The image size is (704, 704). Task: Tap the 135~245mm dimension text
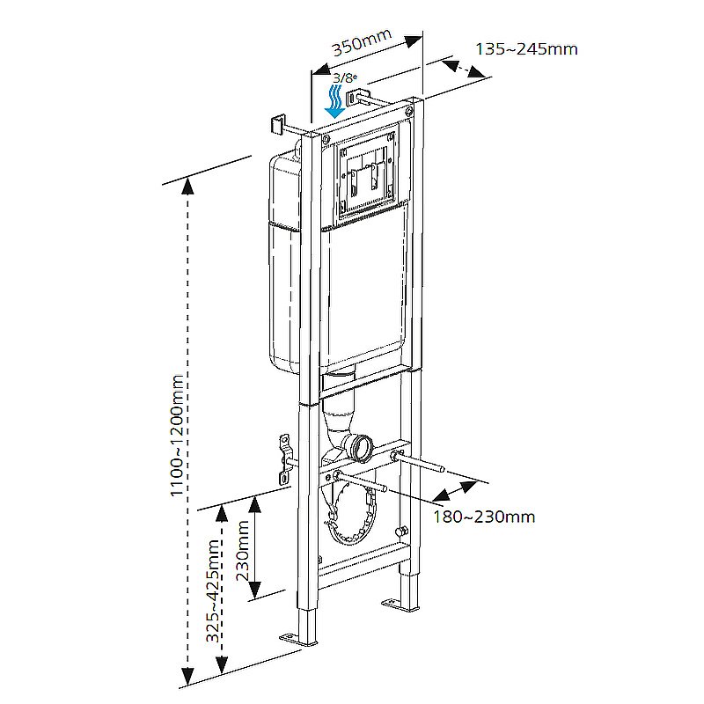click(526, 48)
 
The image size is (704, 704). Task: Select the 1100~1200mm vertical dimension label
click(178, 436)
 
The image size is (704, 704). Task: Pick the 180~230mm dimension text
click(483, 517)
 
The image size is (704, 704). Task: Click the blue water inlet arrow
click(335, 100)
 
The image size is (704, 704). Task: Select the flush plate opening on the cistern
click(363, 177)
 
